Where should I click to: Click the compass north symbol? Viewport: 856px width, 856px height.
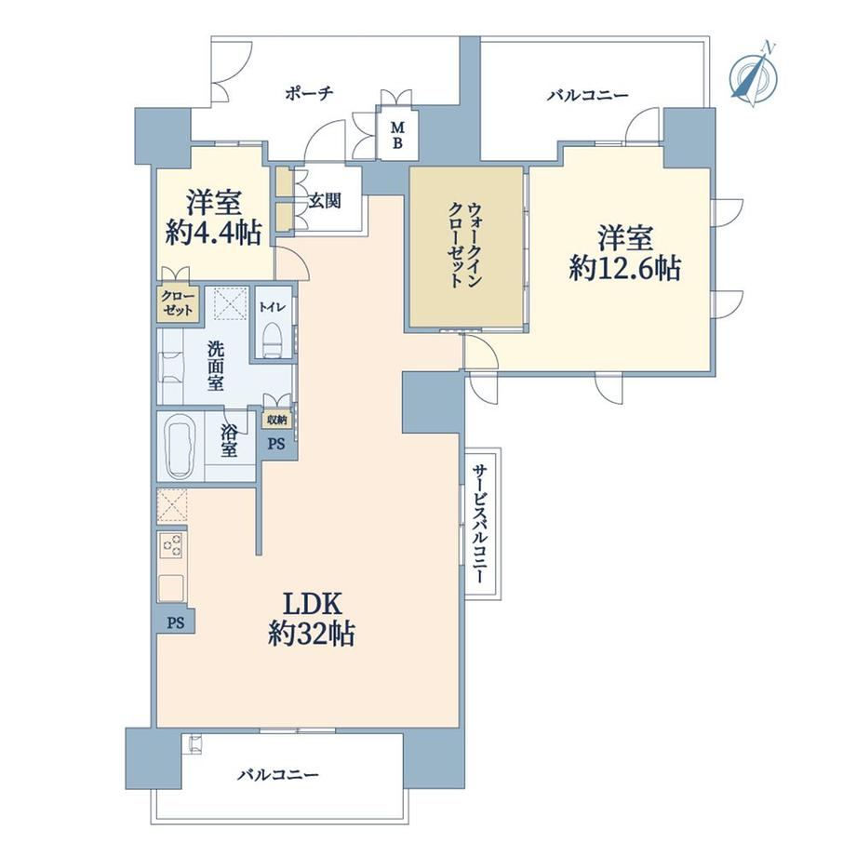(x=755, y=74)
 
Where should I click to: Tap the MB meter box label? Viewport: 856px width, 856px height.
(x=398, y=136)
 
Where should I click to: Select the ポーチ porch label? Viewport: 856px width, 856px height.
(x=309, y=93)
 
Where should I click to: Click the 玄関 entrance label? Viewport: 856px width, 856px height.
(x=325, y=202)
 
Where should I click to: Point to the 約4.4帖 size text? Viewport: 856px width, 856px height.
(x=213, y=234)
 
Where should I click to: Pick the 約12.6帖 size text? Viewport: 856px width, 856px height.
(x=625, y=268)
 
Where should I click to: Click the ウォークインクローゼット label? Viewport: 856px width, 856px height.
(x=465, y=245)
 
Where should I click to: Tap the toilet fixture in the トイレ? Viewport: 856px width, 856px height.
(x=273, y=341)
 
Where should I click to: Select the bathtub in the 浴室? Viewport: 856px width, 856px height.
(x=179, y=446)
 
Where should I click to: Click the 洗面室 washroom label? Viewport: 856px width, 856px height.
(x=215, y=366)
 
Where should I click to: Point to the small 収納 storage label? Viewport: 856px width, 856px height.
(x=276, y=420)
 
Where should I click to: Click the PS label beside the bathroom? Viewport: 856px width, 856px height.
(x=276, y=445)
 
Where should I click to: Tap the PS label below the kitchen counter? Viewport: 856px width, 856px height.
(x=175, y=622)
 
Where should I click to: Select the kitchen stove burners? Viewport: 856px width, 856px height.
(x=172, y=545)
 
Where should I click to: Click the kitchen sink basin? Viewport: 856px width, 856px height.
(x=171, y=587)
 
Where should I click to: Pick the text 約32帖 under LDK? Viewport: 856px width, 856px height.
(x=311, y=635)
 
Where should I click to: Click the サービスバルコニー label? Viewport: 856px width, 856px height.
(x=479, y=525)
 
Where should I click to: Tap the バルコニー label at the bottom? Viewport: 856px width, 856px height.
(x=278, y=775)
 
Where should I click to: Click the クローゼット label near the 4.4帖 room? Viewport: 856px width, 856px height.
(x=178, y=303)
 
